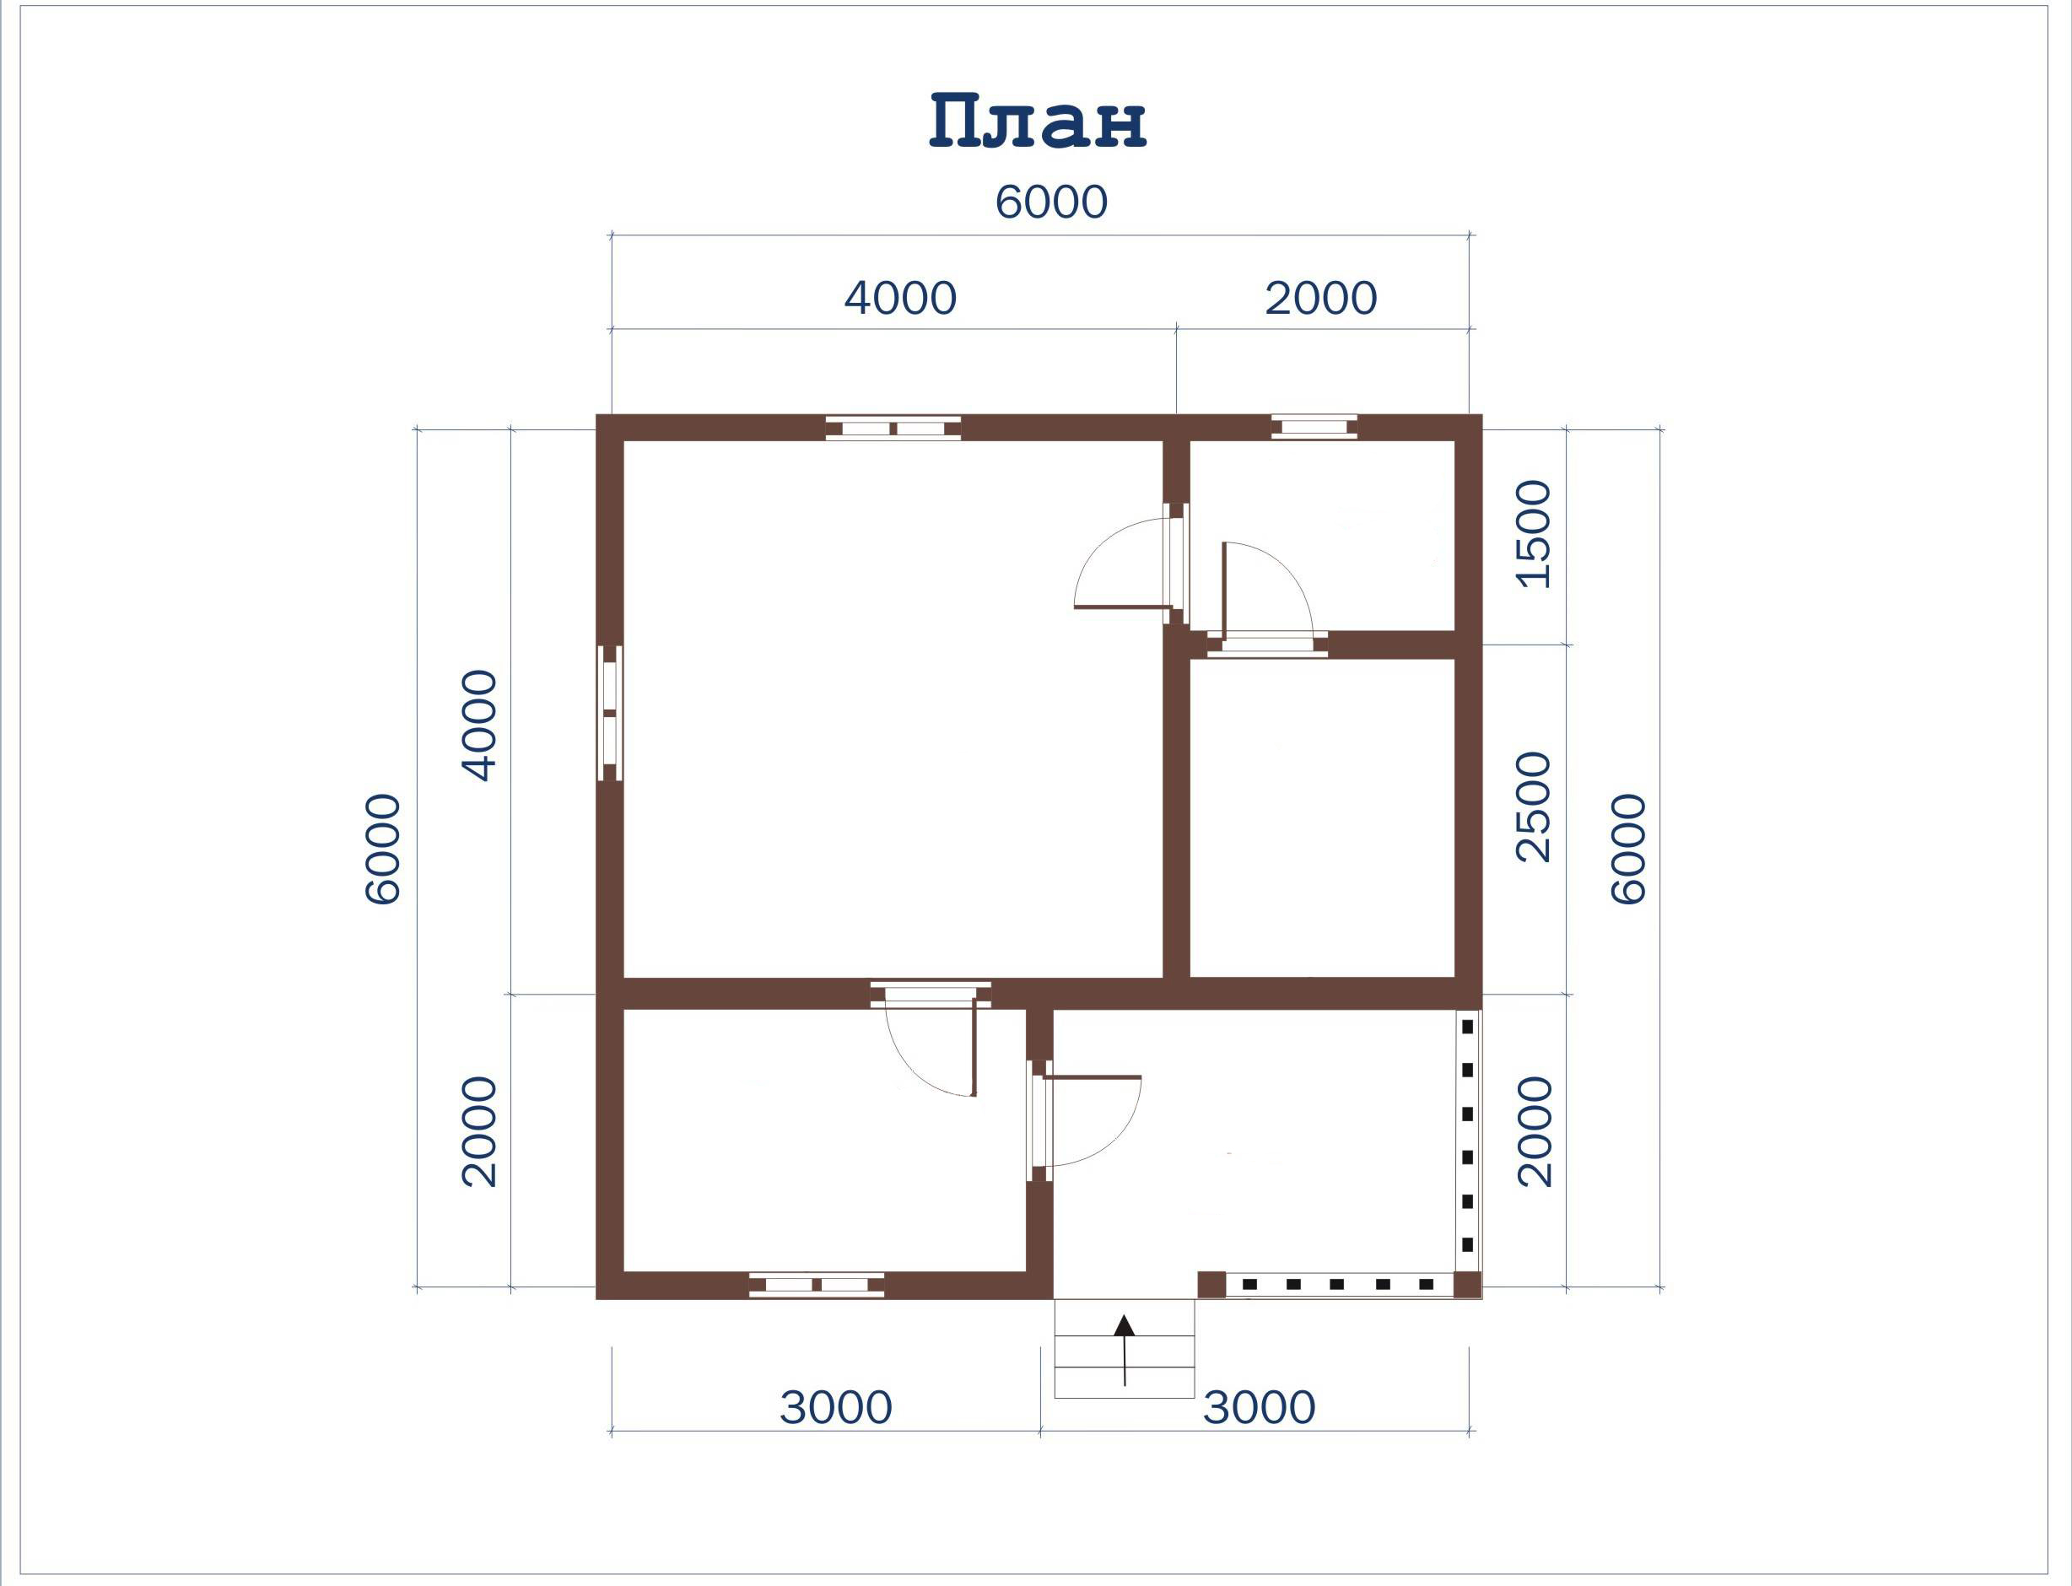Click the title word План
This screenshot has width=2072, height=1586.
(1038, 121)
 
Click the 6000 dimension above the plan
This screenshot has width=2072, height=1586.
(1050, 202)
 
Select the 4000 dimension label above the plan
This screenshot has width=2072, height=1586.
(899, 299)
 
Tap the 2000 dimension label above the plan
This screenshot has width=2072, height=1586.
(1320, 299)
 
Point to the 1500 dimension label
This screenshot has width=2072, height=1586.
(1533, 534)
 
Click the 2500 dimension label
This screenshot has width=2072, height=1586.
(1533, 807)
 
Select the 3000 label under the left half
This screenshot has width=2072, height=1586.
(835, 1407)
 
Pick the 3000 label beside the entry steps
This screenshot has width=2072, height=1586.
(1259, 1407)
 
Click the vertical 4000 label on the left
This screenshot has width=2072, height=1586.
(478, 725)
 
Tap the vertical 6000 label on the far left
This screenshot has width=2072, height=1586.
(383, 850)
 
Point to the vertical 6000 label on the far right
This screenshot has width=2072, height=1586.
(1628, 850)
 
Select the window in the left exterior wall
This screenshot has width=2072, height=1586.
(610, 713)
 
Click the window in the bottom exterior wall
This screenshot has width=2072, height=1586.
(817, 1285)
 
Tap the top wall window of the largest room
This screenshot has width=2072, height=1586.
(893, 429)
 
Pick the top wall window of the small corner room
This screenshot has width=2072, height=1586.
(1314, 428)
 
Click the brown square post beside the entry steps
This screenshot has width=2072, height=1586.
(1212, 1284)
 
